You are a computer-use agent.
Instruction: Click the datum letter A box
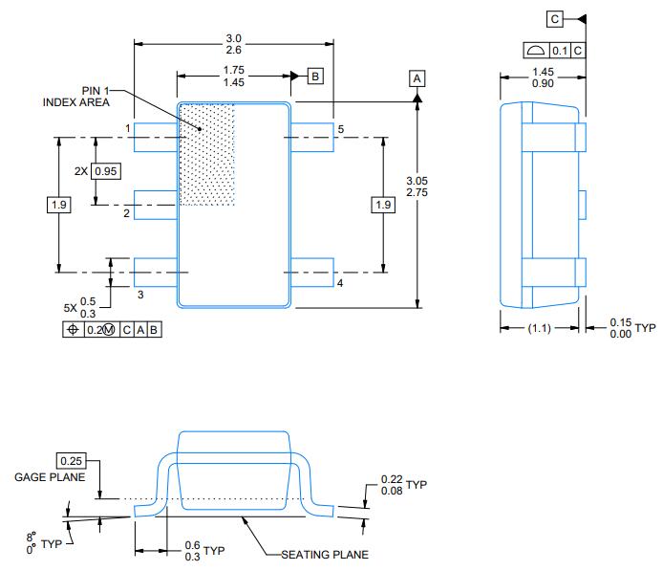417,78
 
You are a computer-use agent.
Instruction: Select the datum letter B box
315,76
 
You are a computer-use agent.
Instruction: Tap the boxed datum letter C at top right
555,18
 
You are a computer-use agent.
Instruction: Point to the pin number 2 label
126,213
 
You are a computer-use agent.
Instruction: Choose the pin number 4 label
339,283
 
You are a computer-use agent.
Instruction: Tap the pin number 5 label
339,127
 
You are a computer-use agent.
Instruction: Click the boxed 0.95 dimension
106,170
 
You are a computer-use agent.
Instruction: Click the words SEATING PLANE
324,554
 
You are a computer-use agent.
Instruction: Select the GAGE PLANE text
50,477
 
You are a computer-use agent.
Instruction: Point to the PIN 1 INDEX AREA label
76,97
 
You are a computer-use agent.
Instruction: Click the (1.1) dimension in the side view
541,328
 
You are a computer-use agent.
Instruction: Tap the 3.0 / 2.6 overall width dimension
233,43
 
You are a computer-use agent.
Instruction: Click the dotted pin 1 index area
208,153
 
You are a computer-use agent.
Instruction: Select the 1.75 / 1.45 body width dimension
233,77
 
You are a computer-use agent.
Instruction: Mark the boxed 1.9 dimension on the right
383,205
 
